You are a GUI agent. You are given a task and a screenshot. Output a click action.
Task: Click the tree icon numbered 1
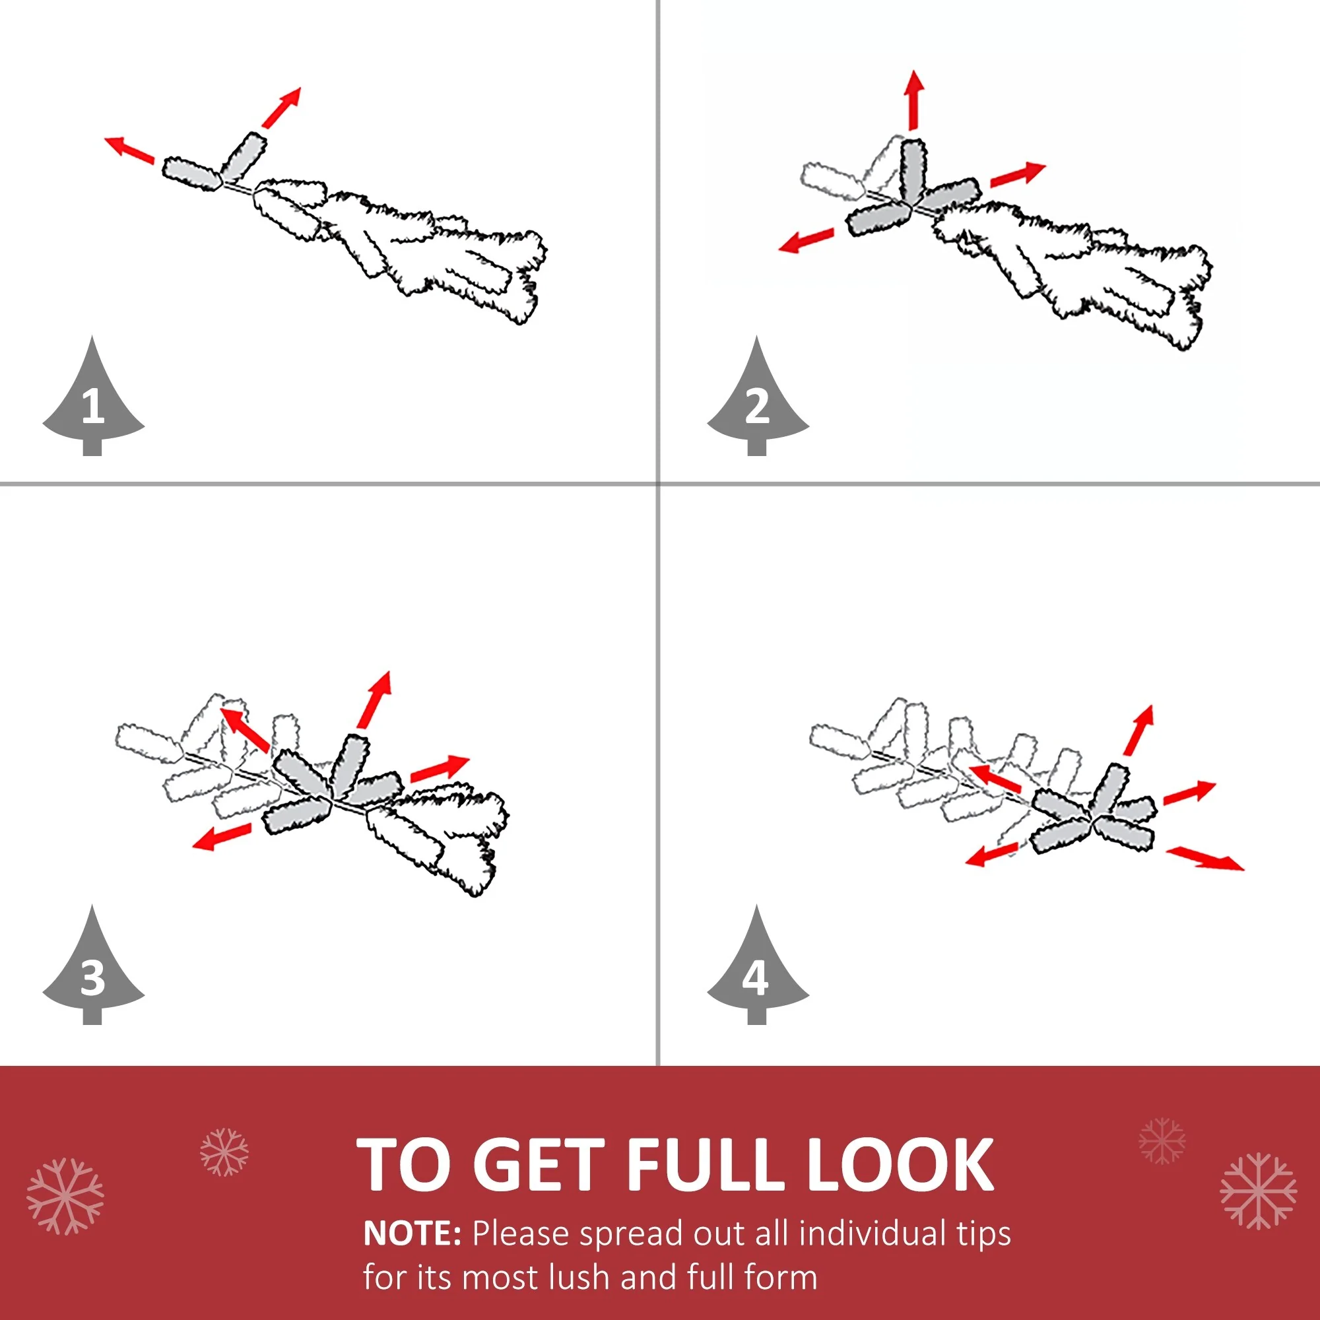[x=93, y=403]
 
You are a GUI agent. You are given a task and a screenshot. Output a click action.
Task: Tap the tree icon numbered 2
[x=758, y=403]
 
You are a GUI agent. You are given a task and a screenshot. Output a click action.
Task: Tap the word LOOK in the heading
[x=900, y=1164]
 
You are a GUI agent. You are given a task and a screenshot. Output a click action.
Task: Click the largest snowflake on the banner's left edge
[x=65, y=1197]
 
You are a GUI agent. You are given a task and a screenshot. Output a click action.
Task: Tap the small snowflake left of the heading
[x=224, y=1152]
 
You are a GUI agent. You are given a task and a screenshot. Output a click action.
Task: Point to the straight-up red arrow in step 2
[x=915, y=100]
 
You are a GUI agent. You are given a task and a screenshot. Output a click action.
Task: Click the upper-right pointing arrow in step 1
[x=280, y=108]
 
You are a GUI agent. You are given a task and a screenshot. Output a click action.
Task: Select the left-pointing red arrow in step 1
[x=129, y=150]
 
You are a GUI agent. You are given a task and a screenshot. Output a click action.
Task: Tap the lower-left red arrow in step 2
[x=807, y=240]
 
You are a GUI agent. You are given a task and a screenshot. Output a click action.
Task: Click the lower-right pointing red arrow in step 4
[x=1204, y=858]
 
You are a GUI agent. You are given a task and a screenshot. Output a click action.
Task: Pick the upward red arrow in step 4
[x=1139, y=730]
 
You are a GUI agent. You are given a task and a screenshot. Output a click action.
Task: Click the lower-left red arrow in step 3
[x=221, y=836]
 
